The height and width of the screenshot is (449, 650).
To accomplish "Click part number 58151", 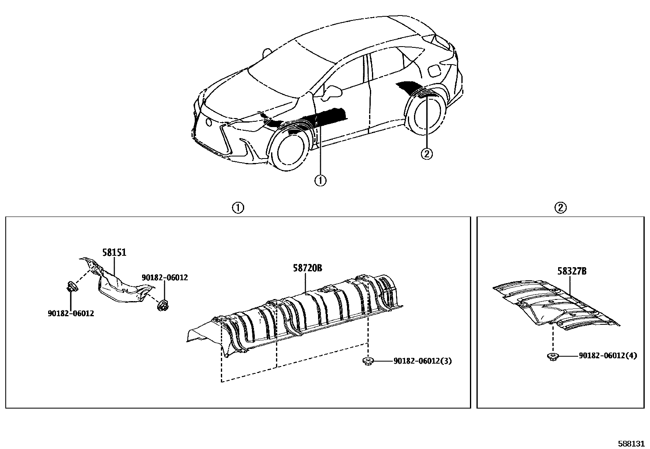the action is click(x=114, y=252).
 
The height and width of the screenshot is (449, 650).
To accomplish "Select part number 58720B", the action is click(x=307, y=268).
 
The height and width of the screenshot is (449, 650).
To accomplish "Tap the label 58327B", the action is click(x=572, y=271).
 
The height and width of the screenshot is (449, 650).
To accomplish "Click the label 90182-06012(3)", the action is click(x=423, y=361).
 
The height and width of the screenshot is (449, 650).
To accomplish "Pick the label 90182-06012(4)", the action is click(x=608, y=356).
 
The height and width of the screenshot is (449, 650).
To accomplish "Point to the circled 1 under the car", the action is click(x=321, y=180).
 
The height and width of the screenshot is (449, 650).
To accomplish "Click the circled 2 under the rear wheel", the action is click(x=426, y=154).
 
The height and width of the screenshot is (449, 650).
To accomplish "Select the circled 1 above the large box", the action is click(x=238, y=208).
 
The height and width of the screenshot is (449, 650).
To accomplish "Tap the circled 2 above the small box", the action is click(x=560, y=208).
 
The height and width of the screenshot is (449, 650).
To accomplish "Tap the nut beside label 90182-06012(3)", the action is click(x=368, y=361).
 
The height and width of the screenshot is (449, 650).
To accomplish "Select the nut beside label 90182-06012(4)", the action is click(x=552, y=356).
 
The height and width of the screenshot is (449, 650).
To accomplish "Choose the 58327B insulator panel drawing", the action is click(x=555, y=302).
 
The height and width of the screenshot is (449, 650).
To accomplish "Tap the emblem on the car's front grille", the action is click(x=209, y=121).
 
